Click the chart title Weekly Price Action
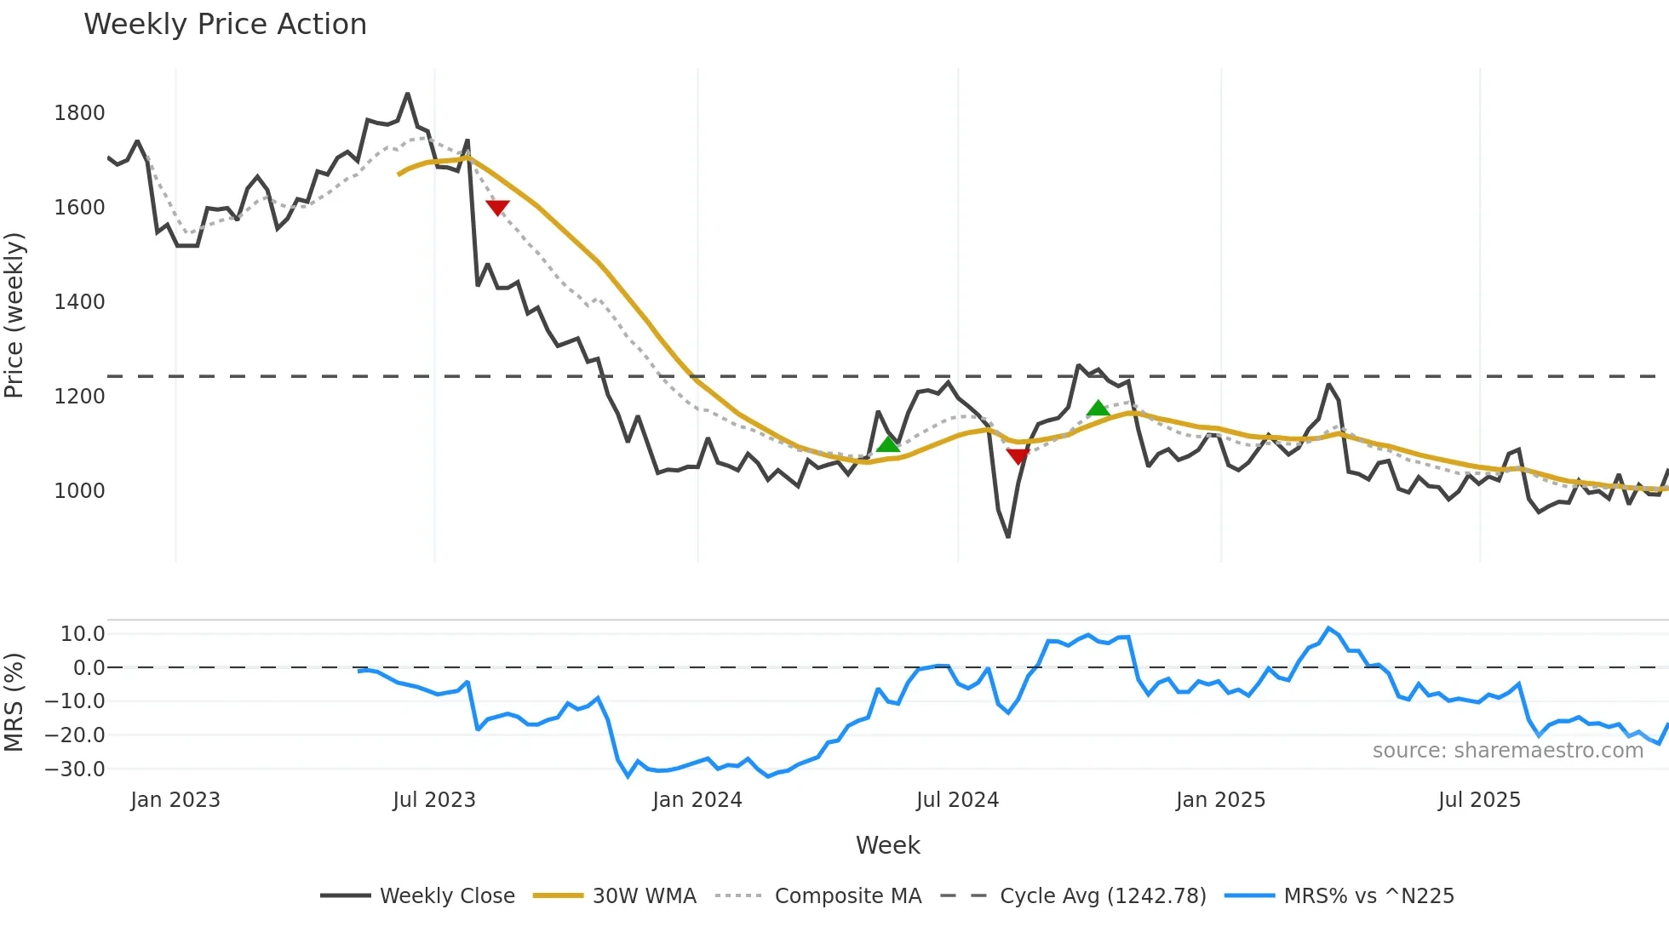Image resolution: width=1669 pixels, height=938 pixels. tap(225, 25)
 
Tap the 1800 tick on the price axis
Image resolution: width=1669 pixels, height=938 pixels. tap(79, 113)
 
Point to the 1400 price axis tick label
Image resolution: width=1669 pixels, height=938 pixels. tap(79, 302)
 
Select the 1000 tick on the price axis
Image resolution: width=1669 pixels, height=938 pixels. tap(79, 491)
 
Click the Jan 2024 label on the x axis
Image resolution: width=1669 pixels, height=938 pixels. tap(697, 800)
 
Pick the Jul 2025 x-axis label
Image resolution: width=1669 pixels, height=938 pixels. tap(1479, 800)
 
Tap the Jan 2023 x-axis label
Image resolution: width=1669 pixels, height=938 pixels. tap(175, 800)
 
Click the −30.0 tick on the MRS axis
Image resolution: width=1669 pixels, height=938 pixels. tap(75, 769)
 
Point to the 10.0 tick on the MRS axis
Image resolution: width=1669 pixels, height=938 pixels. tap(83, 634)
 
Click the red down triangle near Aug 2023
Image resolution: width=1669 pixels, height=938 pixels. tap(497, 207)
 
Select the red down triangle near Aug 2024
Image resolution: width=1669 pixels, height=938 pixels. tap(1018, 456)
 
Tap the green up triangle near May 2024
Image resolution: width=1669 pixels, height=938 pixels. tap(887, 444)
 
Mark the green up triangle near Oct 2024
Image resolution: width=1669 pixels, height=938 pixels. tap(1098, 409)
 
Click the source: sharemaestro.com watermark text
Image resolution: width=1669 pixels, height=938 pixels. tap(1507, 751)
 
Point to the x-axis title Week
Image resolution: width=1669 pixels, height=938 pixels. tap(887, 845)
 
